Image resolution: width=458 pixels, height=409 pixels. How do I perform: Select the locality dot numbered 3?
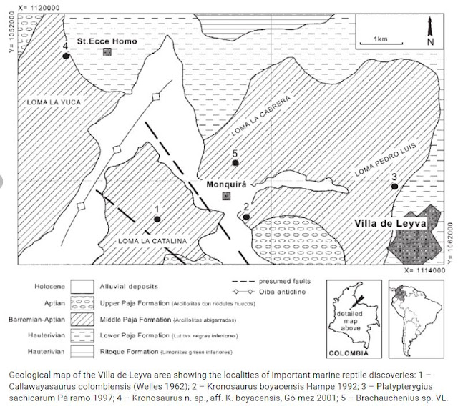click(394, 187)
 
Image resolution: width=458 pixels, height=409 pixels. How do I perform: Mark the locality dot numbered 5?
click(234, 164)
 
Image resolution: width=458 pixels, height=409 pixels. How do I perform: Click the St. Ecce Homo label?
click(107, 41)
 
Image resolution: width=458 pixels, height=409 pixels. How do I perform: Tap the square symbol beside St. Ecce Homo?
click(107, 53)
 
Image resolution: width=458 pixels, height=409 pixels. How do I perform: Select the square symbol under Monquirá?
click(227, 195)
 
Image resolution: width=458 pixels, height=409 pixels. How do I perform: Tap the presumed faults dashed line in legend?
click(245, 281)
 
